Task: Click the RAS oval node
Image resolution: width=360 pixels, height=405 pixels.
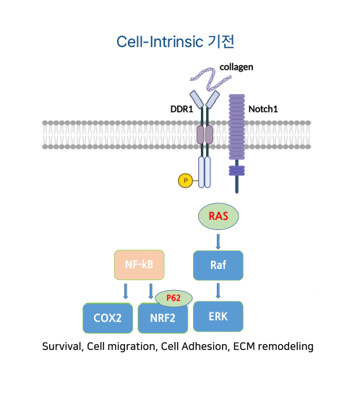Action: point(218,216)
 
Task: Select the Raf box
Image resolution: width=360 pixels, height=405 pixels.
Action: point(218,265)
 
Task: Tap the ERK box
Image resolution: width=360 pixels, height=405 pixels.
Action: point(218,317)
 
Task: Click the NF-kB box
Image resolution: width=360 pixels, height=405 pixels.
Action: point(140,265)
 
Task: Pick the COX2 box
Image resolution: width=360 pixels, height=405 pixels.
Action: point(108,318)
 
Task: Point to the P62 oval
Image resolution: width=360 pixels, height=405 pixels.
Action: point(173,298)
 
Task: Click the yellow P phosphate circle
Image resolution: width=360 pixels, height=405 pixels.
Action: point(186,181)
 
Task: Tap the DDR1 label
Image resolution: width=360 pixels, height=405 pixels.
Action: point(181,109)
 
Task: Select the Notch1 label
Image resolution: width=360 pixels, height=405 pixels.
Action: point(263,109)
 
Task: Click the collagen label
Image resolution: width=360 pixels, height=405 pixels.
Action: point(236,67)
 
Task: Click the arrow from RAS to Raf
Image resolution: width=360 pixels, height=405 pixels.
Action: point(218,242)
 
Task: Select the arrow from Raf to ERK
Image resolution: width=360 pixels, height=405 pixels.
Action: point(218,291)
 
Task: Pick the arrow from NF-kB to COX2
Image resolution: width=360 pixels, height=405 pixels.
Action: point(126,291)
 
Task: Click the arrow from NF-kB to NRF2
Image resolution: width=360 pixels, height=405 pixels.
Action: point(151,291)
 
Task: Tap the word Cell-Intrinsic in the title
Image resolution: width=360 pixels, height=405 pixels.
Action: point(160,42)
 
